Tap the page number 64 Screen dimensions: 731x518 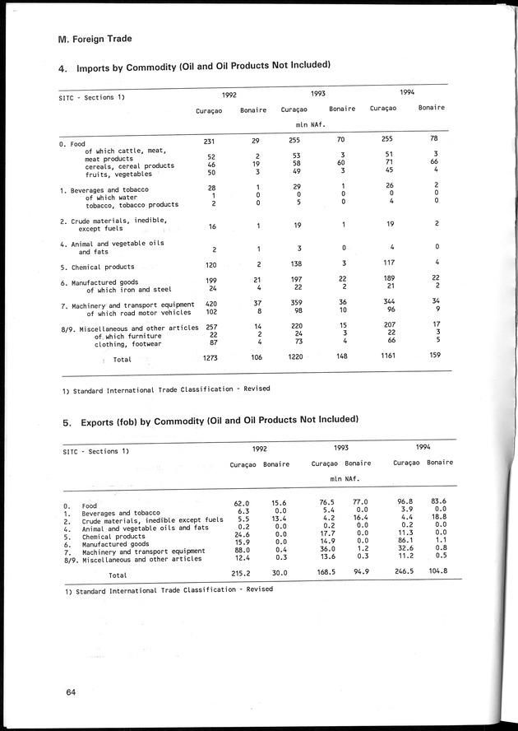point(72,693)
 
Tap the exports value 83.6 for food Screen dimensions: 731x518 point(439,501)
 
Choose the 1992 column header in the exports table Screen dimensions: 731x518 point(259,450)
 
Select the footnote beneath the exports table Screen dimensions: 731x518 point(167,589)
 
